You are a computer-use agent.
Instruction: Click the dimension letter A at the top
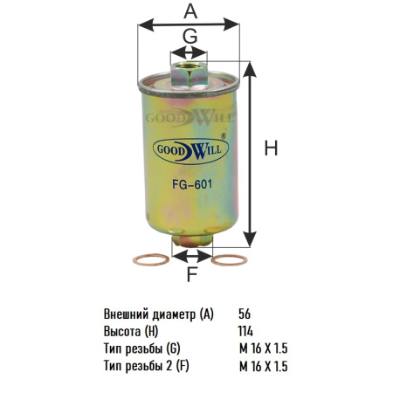pos(190,11)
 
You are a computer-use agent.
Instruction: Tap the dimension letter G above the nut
pos(190,37)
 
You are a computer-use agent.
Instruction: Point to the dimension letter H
pos(271,148)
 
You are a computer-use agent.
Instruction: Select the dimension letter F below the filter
pos(192,274)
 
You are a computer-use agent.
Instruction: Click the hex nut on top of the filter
pos(189,74)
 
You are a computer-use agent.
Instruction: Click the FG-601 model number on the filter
pos(192,184)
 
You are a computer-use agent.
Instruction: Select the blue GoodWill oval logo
pos(190,151)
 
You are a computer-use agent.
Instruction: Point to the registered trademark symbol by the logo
pos(224,135)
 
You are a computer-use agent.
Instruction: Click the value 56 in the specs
pos(245,314)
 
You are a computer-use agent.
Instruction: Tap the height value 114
pos(245,331)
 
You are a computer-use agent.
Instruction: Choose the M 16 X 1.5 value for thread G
pos(264,348)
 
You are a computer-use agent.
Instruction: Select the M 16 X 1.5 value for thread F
pos(264,366)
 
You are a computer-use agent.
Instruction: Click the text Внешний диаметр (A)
pos(159,314)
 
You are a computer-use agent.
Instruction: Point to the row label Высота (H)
pos(131,332)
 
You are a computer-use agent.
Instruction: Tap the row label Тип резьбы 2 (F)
pos(147,367)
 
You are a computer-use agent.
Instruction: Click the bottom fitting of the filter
pos(192,240)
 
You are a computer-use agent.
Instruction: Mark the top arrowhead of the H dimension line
pos(250,69)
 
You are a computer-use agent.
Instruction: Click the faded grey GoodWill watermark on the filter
pos(190,118)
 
